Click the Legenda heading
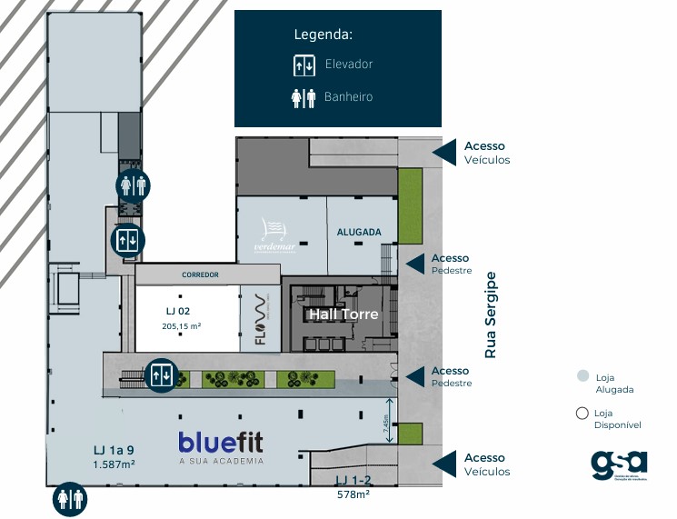pyautogui.click(x=324, y=35)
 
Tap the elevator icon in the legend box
pyautogui.click(x=303, y=65)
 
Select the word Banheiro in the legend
pyautogui.click(x=348, y=96)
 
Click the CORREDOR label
pyautogui.click(x=201, y=274)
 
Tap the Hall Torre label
pyautogui.click(x=343, y=314)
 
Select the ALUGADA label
pyautogui.click(x=359, y=232)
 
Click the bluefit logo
pyautogui.click(x=222, y=443)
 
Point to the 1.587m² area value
pyautogui.click(x=114, y=464)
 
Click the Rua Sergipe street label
pyautogui.click(x=491, y=314)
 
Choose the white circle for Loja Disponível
pyautogui.click(x=582, y=414)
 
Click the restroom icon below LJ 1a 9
pyautogui.click(x=70, y=498)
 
